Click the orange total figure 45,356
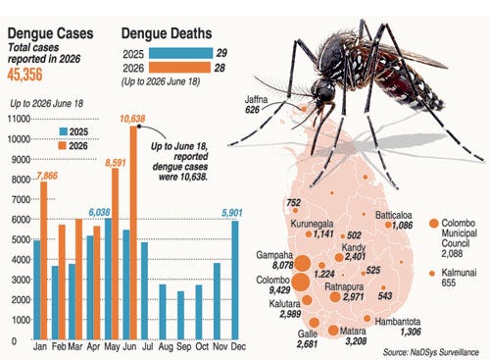[x=24, y=75]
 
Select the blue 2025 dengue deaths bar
[x=180, y=53]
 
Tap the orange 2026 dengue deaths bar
[x=179, y=68]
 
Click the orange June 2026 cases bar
[x=133, y=232]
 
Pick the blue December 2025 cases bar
[x=235, y=281]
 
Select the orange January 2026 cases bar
[x=44, y=261]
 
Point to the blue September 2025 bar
[x=180, y=315]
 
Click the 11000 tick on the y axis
[x=19, y=119]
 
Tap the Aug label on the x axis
[x=166, y=346]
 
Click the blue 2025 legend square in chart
[x=64, y=131]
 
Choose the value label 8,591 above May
[x=116, y=163]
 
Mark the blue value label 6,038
[x=99, y=212]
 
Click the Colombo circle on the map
[x=301, y=282]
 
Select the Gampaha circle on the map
[x=303, y=263]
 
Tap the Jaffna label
[x=257, y=99]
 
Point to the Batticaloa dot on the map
[x=388, y=225]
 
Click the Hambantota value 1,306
[x=411, y=332]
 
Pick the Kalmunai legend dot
[x=432, y=274]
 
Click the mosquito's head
[x=324, y=90]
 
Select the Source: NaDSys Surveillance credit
[x=431, y=352]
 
